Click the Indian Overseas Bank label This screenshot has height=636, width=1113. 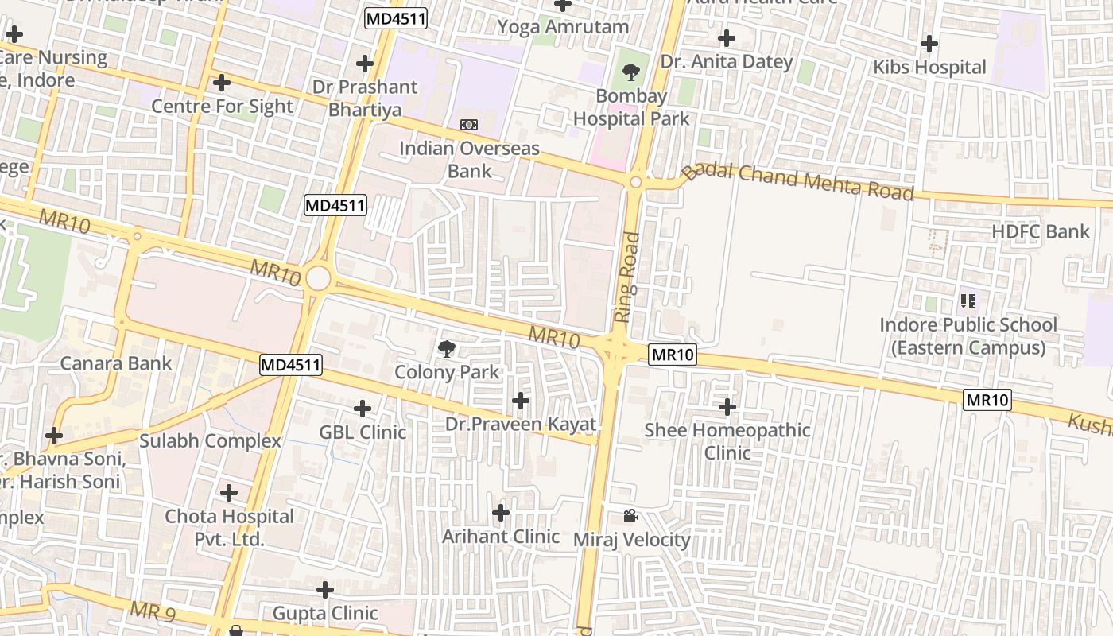pos(469,159)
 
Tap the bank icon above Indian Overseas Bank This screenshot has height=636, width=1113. pos(469,125)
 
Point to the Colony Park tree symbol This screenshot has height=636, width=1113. pos(447,347)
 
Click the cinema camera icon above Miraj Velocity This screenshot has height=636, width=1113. pos(630,516)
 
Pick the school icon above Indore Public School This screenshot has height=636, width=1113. pos(968,301)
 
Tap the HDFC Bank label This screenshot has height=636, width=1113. pos(1040,231)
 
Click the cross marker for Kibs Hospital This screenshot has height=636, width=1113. pos(929,44)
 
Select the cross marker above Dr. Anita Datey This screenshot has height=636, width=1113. pos(726,38)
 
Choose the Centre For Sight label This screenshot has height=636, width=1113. pos(222,106)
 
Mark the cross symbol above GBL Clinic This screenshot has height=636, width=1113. pos(363,409)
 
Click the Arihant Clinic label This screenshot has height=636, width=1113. pos(501,536)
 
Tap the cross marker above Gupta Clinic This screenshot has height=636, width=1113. pos(325,590)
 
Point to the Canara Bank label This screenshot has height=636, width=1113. pos(116,363)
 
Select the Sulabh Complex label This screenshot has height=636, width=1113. pos(210,440)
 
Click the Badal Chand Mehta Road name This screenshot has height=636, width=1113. pos(798,181)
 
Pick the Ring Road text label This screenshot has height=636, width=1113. pos(627,277)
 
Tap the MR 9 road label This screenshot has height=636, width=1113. pos(152,611)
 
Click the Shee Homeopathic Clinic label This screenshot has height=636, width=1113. pos(727,441)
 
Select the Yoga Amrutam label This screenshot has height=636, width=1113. pos(563,26)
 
